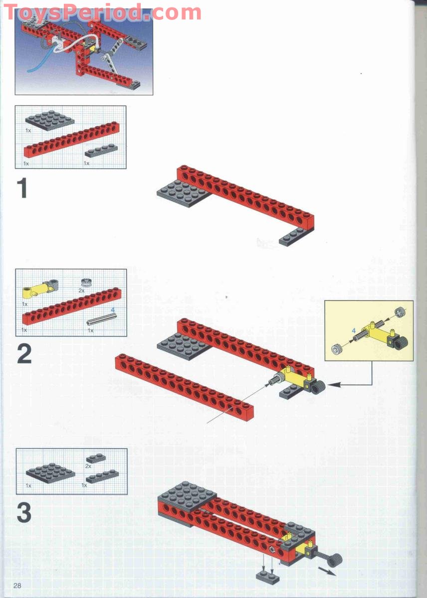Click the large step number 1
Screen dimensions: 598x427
click(22, 189)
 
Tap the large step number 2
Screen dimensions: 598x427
click(24, 354)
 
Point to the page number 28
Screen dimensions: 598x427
click(17, 585)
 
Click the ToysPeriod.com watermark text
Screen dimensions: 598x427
click(102, 12)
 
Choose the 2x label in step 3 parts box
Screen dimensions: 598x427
click(88, 466)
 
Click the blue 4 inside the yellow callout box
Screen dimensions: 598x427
click(354, 330)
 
